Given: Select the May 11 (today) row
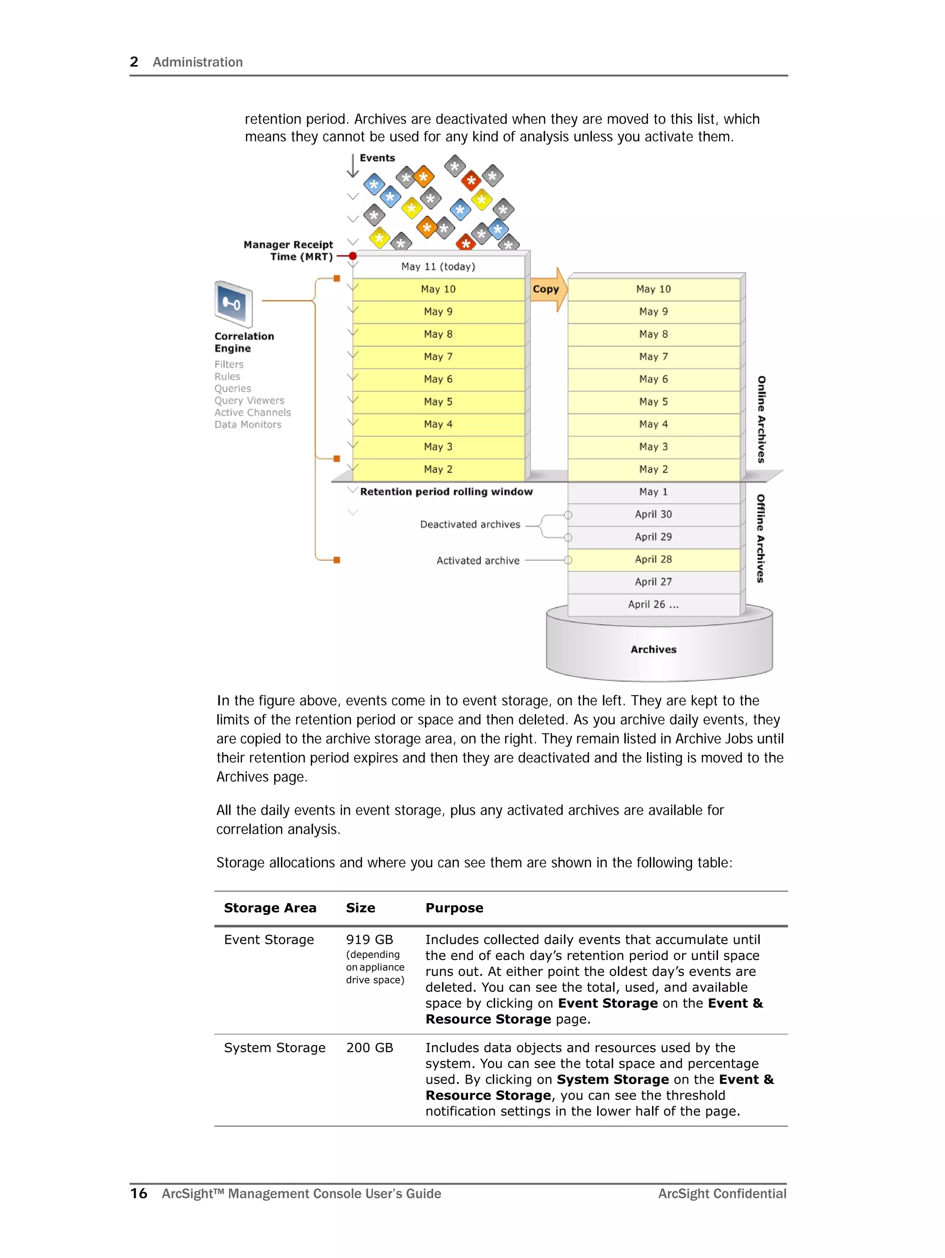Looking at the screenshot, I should (438, 266).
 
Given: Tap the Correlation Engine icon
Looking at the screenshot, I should (233, 304).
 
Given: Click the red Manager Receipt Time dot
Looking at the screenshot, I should (353, 256).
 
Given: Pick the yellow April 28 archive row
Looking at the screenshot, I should (653, 560).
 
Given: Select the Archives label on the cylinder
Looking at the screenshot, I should (653, 650).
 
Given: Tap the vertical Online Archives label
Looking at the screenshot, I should (761, 419).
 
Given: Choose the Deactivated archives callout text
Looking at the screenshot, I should (470, 524).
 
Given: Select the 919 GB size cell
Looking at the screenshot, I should (370, 939).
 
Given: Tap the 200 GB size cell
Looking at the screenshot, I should (370, 1047).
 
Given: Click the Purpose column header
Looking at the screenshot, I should (455, 908).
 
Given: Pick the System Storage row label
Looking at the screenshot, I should (275, 1047).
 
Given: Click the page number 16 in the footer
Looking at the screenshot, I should (139, 1193).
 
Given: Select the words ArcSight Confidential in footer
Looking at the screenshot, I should (722, 1193).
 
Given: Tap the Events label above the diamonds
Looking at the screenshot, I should (377, 158).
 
